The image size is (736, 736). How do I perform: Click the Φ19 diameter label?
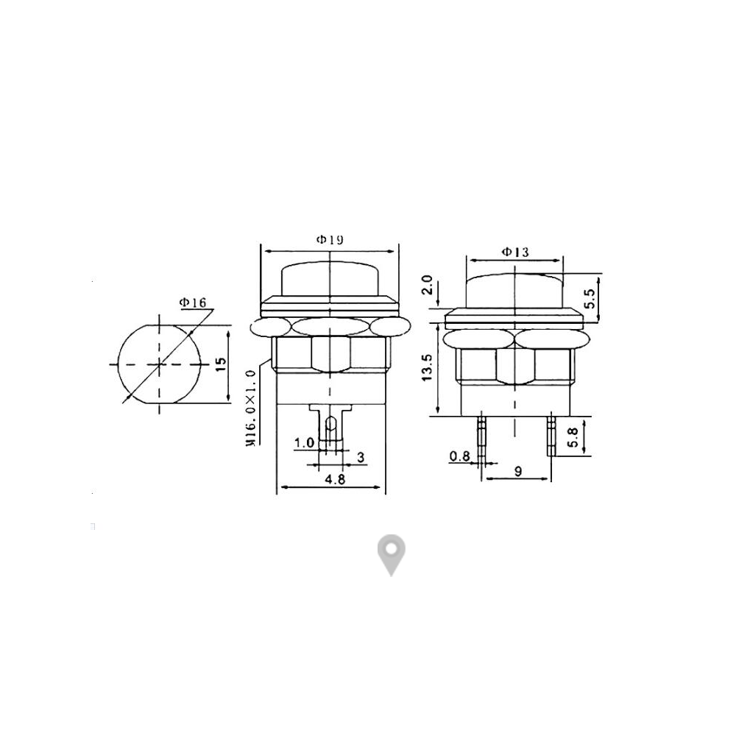pos(330,240)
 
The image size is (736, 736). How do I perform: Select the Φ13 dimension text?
pos(515,252)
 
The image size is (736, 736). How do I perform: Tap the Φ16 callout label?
pos(193,302)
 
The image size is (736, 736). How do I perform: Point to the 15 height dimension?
pos(220,364)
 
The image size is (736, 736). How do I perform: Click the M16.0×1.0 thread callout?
pos(251,408)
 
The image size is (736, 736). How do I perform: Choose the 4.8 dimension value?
pos(335,479)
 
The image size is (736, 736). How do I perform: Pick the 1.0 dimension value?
pos(304,442)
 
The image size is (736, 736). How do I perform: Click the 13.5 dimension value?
pos(427,367)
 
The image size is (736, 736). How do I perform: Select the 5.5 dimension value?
pos(590,298)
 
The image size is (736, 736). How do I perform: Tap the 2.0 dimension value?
pos(427,285)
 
